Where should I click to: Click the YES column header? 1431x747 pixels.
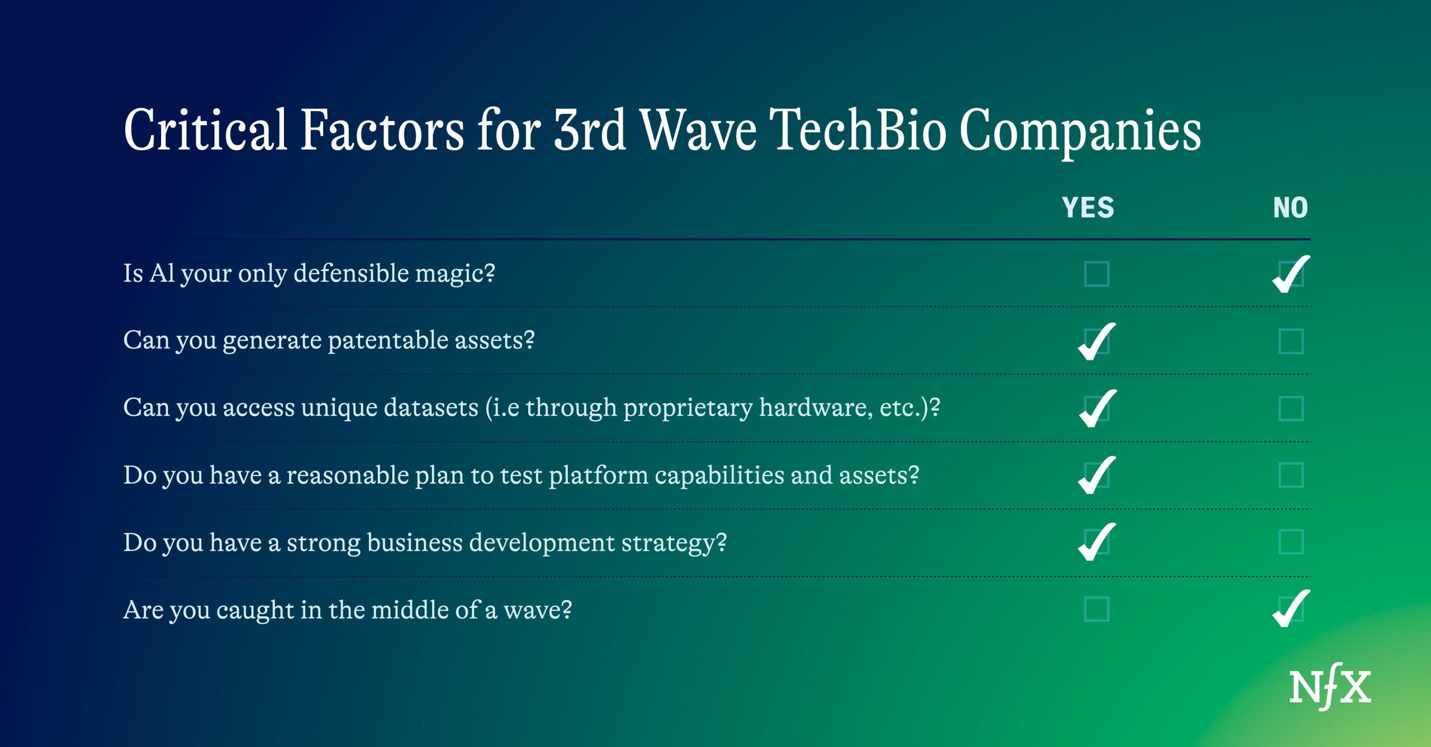(x=1088, y=208)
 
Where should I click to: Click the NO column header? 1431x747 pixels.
(x=1291, y=208)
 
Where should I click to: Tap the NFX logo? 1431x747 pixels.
(x=1330, y=687)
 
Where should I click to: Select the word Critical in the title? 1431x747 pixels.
(x=205, y=130)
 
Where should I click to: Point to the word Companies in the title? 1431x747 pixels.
(x=1081, y=132)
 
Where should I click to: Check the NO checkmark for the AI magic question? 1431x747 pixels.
(x=1291, y=274)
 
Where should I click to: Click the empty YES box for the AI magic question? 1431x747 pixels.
(x=1097, y=274)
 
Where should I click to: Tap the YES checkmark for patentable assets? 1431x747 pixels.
(x=1097, y=341)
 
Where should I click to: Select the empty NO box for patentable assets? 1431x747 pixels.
(x=1291, y=341)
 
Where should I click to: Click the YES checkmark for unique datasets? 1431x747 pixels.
(x=1097, y=408)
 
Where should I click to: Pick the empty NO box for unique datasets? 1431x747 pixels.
(x=1291, y=408)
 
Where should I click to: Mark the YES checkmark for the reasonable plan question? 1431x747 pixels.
(x=1097, y=475)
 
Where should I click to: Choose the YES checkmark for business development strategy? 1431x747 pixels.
(x=1097, y=542)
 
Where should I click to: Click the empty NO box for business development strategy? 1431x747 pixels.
(x=1291, y=542)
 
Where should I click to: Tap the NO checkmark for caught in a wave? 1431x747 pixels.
(x=1291, y=609)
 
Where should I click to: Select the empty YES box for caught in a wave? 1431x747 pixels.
(x=1097, y=609)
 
